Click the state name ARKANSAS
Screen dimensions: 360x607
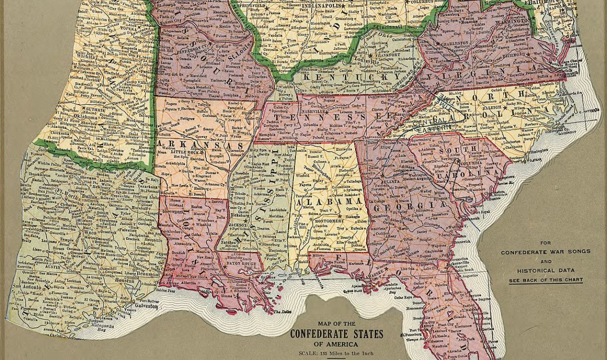(200, 144)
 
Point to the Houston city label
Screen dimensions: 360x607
(125, 280)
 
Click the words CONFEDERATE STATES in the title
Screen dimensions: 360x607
(336, 334)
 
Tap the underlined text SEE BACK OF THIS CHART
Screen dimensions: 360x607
(545, 280)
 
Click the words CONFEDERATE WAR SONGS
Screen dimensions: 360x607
(545, 252)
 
